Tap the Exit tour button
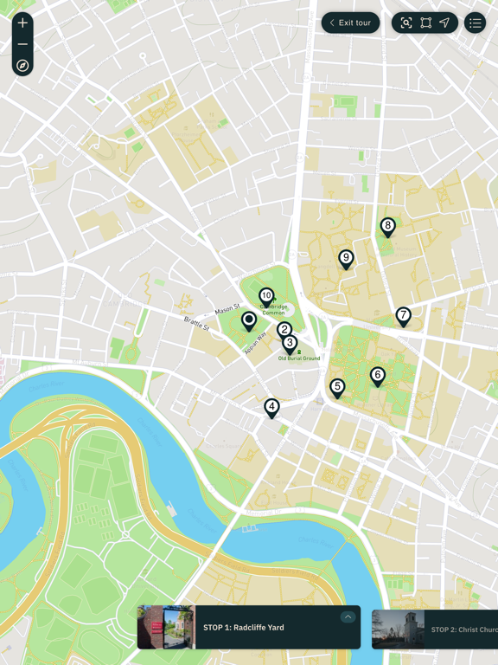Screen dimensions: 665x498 click(350, 23)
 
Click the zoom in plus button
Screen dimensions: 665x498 click(22, 23)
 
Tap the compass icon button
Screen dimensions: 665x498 click(22, 66)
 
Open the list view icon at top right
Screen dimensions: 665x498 click(475, 23)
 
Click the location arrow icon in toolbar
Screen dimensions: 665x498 click(444, 23)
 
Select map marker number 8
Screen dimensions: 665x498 click(387, 227)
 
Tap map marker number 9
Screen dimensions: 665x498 click(346, 258)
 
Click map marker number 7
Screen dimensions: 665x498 click(403, 315)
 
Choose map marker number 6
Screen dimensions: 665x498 click(377, 375)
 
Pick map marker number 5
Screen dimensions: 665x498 click(337, 387)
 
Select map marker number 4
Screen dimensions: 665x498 click(271, 406)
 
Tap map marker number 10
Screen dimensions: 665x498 click(266, 296)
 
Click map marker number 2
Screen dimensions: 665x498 click(284, 330)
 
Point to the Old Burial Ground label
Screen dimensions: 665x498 click(299, 358)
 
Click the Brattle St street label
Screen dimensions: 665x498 click(196, 325)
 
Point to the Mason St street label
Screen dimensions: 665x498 click(227, 308)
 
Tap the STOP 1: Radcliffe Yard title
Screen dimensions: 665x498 click(243, 628)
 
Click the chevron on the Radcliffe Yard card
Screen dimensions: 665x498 click(348, 617)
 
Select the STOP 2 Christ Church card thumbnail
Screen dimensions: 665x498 click(398, 629)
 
